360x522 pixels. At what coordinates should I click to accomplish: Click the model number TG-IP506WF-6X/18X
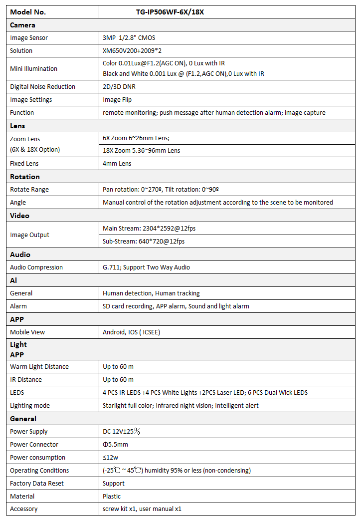[170, 12]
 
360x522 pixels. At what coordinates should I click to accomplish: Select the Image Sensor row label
[29, 38]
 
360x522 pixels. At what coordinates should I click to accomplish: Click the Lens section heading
[17, 126]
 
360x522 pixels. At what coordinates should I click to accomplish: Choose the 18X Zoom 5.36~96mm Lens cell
[142, 151]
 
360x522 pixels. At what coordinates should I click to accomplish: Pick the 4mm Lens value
[117, 164]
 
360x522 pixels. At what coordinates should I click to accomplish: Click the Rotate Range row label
[29, 190]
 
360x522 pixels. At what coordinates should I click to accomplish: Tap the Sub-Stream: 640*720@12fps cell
[144, 242]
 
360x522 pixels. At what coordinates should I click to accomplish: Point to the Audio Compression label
[36, 267]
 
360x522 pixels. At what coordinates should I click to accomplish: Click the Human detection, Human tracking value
[151, 293]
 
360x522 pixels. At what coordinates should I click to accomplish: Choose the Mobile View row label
[27, 332]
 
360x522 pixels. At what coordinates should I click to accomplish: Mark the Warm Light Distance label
[39, 367]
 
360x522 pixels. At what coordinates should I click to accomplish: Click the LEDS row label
[17, 393]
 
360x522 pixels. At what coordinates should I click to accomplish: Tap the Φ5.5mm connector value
[115, 445]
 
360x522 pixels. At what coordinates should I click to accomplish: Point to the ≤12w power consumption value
[111, 458]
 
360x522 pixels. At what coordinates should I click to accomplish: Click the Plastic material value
[112, 497]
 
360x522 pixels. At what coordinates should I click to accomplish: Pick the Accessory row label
[24, 509]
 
